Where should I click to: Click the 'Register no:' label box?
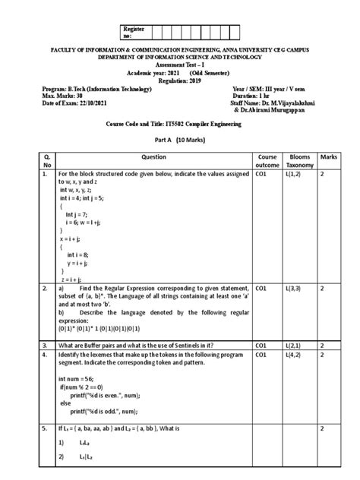pos(132,31)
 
